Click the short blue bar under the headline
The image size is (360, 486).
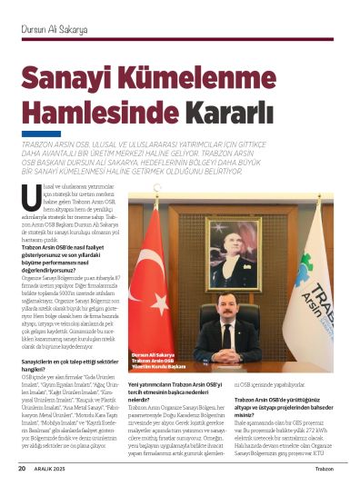coord(41,134)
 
